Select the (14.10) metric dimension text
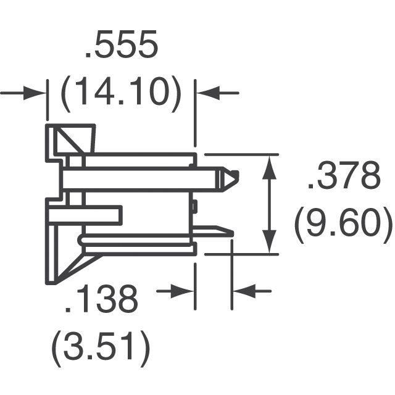(121, 94)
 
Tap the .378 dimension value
(344, 175)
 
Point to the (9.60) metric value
(344, 224)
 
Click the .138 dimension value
(102, 299)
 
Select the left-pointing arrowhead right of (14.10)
(208, 93)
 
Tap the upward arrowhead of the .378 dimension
(270, 167)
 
